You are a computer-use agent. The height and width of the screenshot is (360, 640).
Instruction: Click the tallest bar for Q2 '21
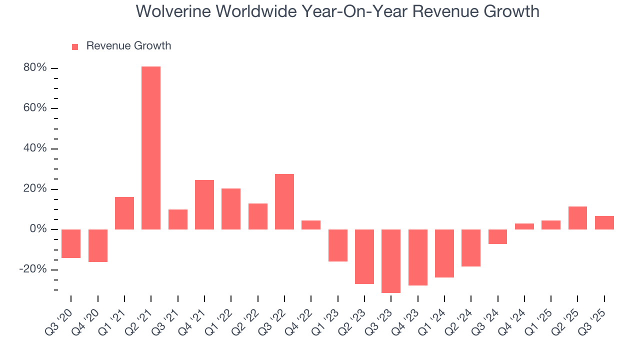(x=151, y=148)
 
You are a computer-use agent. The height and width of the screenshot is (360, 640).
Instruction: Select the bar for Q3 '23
(x=391, y=261)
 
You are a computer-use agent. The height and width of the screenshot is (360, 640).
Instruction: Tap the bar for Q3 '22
(x=284, y=202)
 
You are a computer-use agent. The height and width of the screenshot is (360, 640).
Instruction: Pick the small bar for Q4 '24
(x=524, y=226)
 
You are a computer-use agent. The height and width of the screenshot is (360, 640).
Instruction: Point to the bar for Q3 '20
(x=71, y=243)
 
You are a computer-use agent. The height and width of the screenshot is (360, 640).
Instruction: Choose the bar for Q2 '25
(x=577, y=218)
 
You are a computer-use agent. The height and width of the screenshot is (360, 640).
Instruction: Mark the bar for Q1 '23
(x=338, y=245)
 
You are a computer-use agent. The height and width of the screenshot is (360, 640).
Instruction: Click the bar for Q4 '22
(x=311, y=225)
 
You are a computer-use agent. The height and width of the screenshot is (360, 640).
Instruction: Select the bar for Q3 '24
(x=497, y=236)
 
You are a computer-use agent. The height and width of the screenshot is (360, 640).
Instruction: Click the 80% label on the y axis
(x=35, y=68)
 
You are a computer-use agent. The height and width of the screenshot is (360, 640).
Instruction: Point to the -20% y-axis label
(x=33, y=269)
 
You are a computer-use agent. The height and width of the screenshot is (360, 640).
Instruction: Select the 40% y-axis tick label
(x=35, y=148)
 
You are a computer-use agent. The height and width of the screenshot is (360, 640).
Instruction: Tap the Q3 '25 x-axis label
(x=595, y=313)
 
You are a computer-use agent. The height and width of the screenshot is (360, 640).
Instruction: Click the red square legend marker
(x=75, y=47)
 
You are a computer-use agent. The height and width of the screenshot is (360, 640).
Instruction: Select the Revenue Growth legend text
(x=128, y=46)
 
